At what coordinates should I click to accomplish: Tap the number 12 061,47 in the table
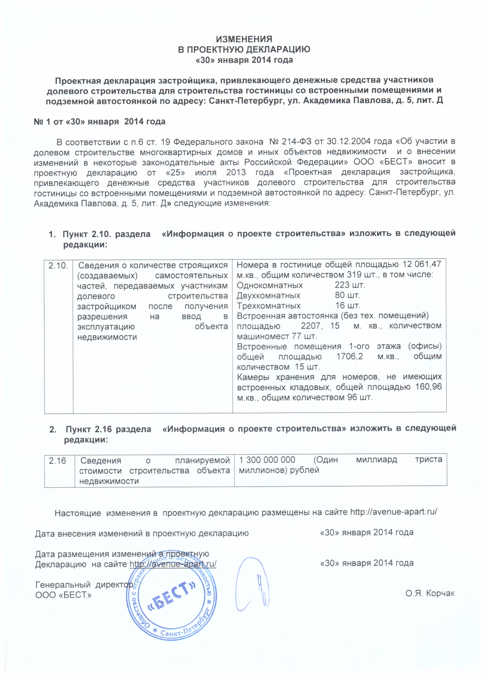coord(422,264)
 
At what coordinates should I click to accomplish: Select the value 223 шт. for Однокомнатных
coord(350,285)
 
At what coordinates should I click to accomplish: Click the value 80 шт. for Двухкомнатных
coord(347,295)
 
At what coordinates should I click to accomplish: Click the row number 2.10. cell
coord(58,265)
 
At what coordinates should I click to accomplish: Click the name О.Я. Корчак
coord(430,593)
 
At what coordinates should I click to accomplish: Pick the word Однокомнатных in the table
coord(269,285)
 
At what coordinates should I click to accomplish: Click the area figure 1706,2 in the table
coord(350,356)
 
